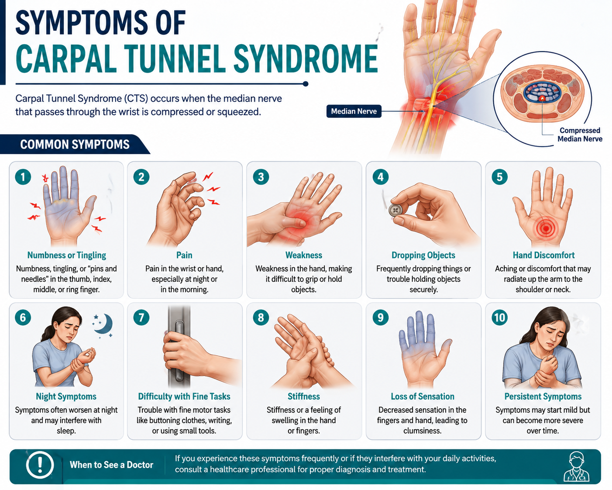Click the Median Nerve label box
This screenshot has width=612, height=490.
(354, 111)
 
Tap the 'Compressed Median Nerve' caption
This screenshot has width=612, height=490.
(580, 135)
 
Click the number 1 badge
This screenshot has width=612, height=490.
(23, 177)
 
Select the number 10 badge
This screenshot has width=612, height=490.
(500, 317)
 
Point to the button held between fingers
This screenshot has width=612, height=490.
(395, 210)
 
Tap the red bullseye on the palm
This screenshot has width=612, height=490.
(546, 228)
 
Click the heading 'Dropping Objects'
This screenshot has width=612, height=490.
(423, 255)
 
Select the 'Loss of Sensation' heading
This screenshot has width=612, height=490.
(422, 397)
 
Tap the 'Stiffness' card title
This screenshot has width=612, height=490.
(304, 397)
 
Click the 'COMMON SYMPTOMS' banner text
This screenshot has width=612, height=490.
(75, 144)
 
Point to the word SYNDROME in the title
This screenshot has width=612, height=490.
(306, 59)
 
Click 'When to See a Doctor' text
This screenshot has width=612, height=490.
(111, 465)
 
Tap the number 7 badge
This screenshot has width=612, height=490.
(141, 317)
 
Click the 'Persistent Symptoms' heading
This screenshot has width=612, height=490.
(543, 397)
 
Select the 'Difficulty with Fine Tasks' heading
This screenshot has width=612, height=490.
(184, 397)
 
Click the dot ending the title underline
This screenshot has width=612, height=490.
(306, 84)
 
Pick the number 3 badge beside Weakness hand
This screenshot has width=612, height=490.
(261, 177)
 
